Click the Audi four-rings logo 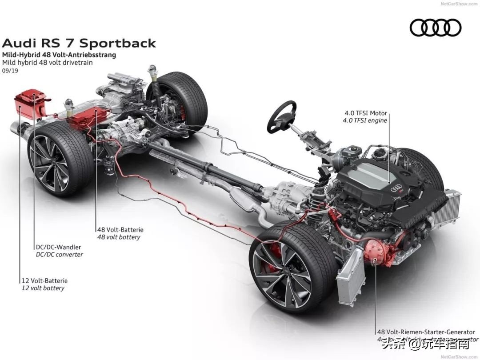point(435,28)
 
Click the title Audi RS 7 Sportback point(79,43)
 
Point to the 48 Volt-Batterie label point(120,230)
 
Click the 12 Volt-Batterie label point(44,280)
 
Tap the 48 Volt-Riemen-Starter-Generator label point(425,332)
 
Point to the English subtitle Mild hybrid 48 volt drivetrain point(48,63)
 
